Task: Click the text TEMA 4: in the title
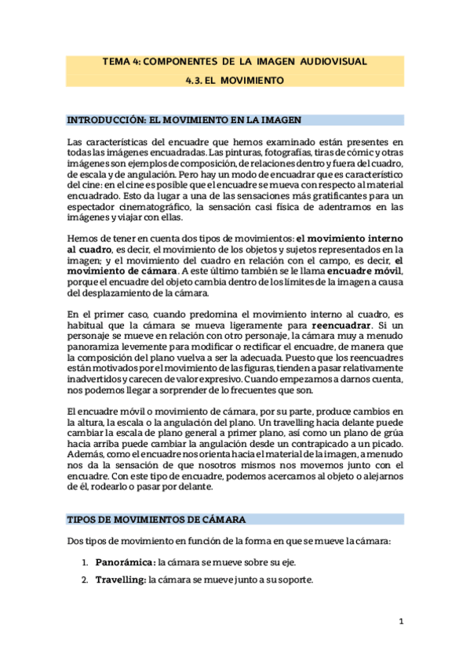[x=122, y=61]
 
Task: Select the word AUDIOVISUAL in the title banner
[x=333, y=61]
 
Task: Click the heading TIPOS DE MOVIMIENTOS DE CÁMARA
[x=157, y=520]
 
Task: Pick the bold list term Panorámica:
[x=124, y=562]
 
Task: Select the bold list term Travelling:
[x=121, y=580]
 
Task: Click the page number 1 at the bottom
[x=401, y=622]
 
